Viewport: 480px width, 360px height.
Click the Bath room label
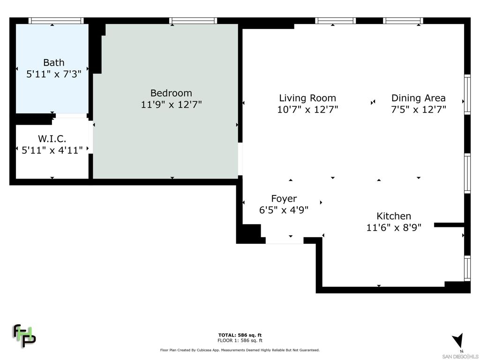click(54, 62)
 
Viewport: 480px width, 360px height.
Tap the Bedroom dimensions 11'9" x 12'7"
click(171, 105)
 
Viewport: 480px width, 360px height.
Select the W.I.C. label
click(52, 139)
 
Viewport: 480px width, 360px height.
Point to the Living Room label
click(307, 98)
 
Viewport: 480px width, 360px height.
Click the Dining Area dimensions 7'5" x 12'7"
click(418, 109)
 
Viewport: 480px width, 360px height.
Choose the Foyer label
click(284, 199)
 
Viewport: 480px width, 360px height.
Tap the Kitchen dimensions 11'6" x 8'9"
click(394, 228)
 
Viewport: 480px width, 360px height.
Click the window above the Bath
click(56, 21)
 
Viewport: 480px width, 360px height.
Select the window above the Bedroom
click(193, 21)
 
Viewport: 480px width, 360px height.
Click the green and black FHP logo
click(24, 336)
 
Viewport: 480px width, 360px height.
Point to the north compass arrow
click(457, 341)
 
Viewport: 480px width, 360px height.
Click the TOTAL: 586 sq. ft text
click(240, 335)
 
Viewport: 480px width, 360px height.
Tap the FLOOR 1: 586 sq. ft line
click(240, 340)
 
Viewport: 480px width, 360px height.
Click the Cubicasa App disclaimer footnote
click(240, 350)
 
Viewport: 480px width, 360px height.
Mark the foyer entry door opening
click(285, 240)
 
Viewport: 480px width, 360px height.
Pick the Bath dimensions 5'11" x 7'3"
click(54, 74)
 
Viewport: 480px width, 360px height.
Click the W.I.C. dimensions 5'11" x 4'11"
click(52, 150)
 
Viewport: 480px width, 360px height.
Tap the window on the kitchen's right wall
click(467, 269)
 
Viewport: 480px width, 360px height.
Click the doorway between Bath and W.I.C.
click(71, 116)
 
